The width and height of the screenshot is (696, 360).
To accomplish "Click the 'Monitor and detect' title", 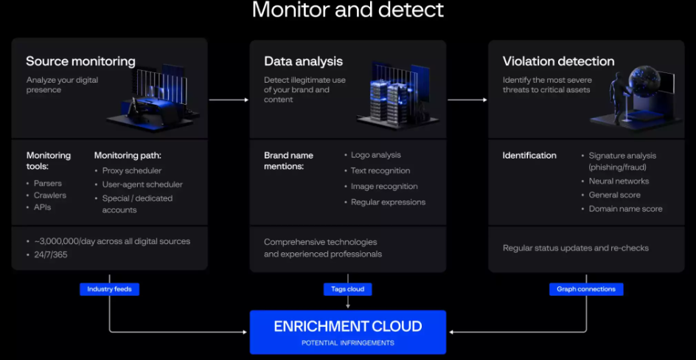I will [348, 10].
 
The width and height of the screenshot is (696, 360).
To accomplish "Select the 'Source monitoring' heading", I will [80, 62].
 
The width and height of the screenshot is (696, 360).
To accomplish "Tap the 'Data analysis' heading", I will [303, 62].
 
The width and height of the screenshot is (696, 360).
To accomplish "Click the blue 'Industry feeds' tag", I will [109, 289].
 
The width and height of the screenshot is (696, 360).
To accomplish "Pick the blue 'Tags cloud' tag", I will [347, 289].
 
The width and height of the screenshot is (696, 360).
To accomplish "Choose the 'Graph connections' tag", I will [586, 289].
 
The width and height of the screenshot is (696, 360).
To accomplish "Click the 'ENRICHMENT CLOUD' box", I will [348, 331].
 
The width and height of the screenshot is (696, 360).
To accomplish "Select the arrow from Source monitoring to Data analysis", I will [229, 99].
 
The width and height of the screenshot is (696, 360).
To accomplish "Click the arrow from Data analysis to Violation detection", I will [467, 99].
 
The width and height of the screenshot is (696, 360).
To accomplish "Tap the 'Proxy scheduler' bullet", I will [131, 170].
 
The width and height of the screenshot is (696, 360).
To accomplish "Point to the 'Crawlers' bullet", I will [49, 195].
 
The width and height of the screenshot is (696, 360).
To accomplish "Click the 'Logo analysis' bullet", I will [375, 155].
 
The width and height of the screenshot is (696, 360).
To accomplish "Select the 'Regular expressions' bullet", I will [388, 202].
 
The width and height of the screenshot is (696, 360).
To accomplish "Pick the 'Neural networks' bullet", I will [619, 181].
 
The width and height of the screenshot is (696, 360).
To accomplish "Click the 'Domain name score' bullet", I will [625, 209].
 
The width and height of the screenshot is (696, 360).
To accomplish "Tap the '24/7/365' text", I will [52, 254].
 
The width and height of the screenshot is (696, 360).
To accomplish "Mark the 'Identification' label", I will [529, 156].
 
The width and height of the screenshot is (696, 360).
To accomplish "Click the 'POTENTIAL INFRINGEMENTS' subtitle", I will [348, 343].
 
